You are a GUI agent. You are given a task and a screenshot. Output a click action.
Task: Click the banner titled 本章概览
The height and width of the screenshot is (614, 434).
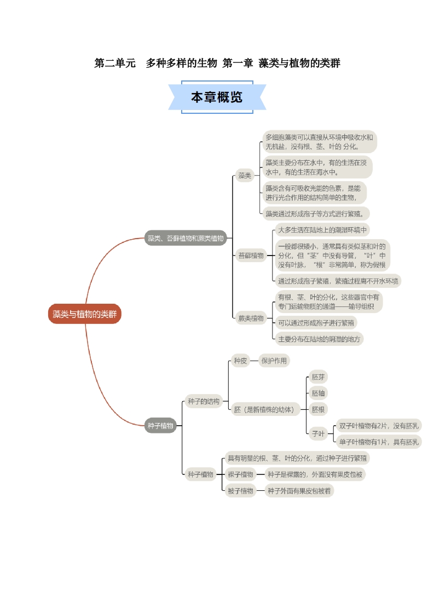click(217, 97)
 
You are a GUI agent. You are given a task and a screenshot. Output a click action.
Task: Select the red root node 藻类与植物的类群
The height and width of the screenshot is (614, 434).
click(84, 314)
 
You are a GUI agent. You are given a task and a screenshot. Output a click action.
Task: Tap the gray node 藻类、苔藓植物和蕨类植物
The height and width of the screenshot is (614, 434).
click(186, 238)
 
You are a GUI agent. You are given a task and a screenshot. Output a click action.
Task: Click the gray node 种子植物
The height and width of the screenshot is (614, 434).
click(160, 425)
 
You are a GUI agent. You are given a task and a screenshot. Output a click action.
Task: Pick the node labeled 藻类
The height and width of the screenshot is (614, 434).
click(244, 176)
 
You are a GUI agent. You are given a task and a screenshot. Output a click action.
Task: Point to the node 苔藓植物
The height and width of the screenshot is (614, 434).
click(251, 255)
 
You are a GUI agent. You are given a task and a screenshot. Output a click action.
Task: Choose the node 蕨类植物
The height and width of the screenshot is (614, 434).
click(251, 318)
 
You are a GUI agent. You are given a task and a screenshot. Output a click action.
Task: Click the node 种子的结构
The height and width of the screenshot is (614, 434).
click(203, 401)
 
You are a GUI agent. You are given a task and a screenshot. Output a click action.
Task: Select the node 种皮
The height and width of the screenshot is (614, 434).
click(240, 361)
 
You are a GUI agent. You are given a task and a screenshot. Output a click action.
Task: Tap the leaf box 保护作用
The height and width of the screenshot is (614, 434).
click(274, 361)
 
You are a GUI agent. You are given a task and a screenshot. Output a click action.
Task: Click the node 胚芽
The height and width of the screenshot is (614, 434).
click(318, 377)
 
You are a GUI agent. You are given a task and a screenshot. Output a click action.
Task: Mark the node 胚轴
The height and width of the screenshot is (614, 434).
click(318, 393)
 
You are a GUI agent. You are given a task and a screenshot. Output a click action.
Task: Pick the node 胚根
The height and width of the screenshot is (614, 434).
click(318, 409)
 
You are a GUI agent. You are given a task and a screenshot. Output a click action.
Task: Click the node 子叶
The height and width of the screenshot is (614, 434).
click(318, 433)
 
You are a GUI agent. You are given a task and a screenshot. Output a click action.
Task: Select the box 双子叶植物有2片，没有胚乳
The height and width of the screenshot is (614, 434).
click(379, 426)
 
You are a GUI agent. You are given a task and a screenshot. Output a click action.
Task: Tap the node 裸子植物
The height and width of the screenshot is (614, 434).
click(240, 474)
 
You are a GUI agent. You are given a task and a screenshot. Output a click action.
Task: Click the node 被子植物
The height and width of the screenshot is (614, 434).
click(240, 491)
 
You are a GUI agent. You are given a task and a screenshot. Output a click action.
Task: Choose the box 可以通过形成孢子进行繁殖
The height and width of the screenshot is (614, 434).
click(315, 322)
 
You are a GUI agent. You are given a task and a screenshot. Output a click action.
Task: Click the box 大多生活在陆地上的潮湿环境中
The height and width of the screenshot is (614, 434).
click(322, 229)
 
